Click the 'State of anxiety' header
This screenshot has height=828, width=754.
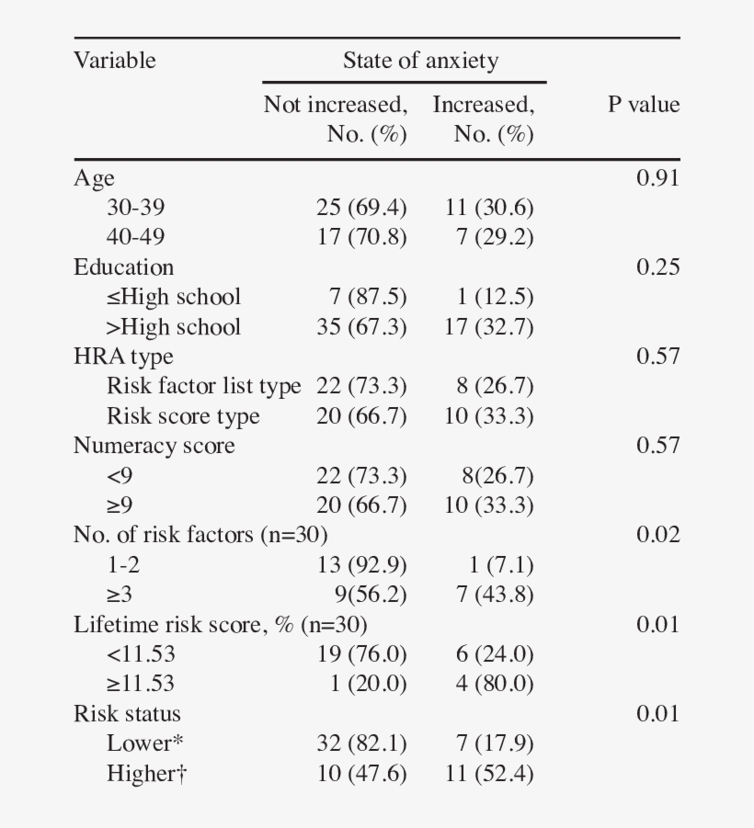pyautogui.click(x=420, y=62)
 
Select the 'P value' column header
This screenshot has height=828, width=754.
pyautogui.click(x=643, y=105)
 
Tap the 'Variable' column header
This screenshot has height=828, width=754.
pyautogui.click(x=115, y=61)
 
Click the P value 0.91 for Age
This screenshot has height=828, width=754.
pyautogui.click(x=657, y=178)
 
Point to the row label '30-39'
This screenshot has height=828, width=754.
pyautogui.click(x=135, y=208)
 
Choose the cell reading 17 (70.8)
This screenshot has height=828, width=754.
pyautogui.click(x=361, y=237)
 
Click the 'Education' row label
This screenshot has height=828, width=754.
pyautogui.click(x=123, y=267)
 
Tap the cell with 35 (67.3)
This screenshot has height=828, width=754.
pyautogui.click(x=361, y=327)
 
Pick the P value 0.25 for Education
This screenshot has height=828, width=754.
pyautogui.click(x=657, y=267)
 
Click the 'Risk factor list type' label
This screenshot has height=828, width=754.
pyautogui.click(x=203, y=386)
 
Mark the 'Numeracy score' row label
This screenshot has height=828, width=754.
pyautogui.click(x=154, y=446)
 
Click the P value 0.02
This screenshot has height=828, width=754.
pyautogui.click(x=657, y=535)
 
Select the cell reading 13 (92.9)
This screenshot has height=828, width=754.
pyautogui.click(x=361, y=564)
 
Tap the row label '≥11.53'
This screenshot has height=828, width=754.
pyautogui.click(x=141, y=684)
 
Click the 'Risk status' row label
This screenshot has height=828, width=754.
pyautogui.click(x=127, y=714)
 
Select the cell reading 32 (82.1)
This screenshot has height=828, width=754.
pyautogui.click(x=361, y=743)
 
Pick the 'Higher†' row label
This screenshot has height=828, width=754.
pyautogui.click(x=146, y=774)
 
